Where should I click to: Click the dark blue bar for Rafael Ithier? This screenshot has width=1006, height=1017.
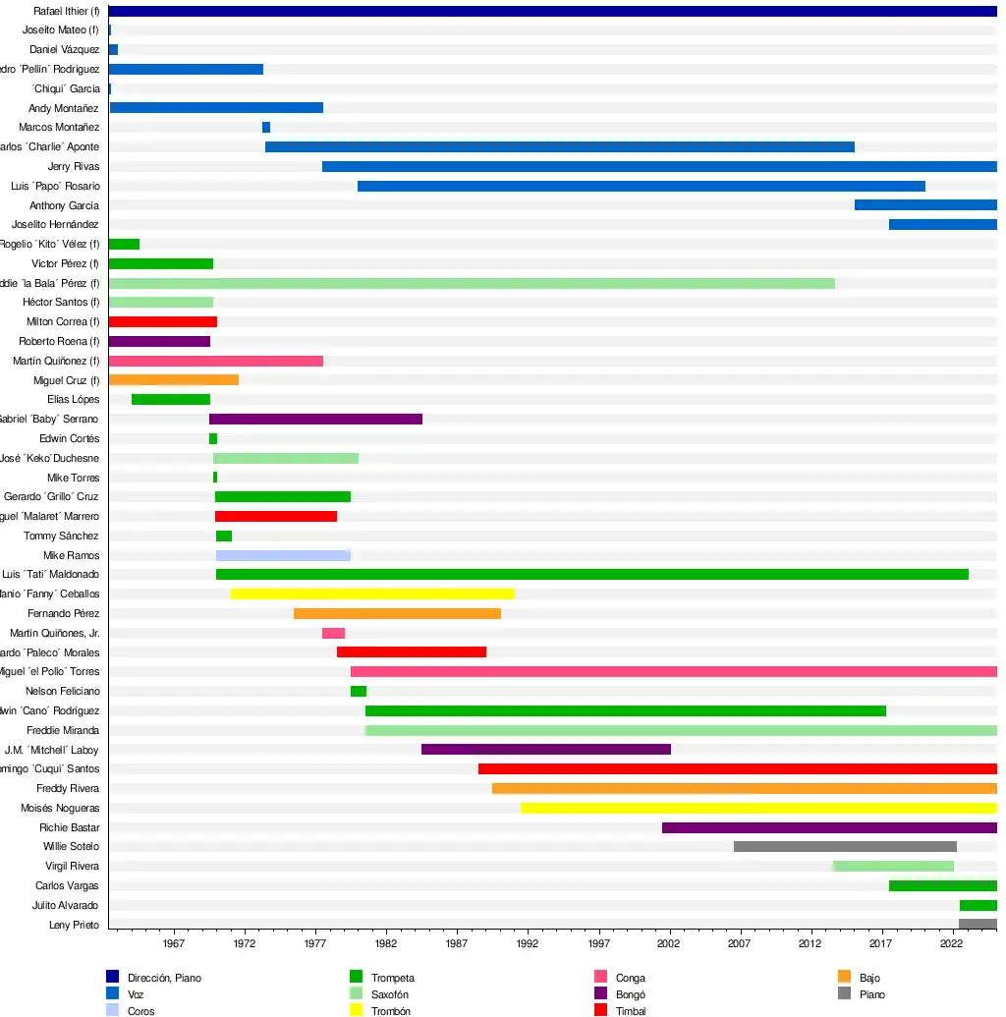tap(552, 11)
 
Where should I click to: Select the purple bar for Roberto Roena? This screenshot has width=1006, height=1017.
tap(159, 341)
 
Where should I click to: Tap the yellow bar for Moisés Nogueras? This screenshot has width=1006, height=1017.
tap(758, 808)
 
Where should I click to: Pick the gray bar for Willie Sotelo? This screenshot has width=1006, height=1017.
tap(845, 846)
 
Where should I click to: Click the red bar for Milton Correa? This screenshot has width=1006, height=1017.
tap(162, 321)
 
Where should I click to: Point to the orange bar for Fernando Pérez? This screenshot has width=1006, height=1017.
tap(397, 613)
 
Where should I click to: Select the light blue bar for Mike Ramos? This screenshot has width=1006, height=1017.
tap(283, 555)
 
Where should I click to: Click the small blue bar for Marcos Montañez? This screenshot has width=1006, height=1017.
tap(266, 127)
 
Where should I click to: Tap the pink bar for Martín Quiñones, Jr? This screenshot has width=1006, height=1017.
tap(333, 633)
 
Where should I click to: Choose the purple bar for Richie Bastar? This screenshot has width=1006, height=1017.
tap(829, 827)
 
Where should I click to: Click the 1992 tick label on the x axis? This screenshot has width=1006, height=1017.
tap(528, 943)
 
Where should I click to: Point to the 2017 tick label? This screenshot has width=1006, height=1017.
tap(880, 943)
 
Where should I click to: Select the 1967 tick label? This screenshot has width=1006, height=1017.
tap(174, 943)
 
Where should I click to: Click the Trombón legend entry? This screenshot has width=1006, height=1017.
tap(390, 1011)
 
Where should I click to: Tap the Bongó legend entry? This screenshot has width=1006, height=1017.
tap(630, 994)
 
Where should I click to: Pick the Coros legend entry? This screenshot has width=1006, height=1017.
tap(140, 1011)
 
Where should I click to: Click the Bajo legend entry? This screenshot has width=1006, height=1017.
tap(869, 978)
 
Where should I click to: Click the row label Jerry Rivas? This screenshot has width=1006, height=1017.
tap(73, 166)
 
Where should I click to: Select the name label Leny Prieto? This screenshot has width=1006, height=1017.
tap(74, 925)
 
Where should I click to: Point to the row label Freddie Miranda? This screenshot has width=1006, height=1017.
tap(63, 730)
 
